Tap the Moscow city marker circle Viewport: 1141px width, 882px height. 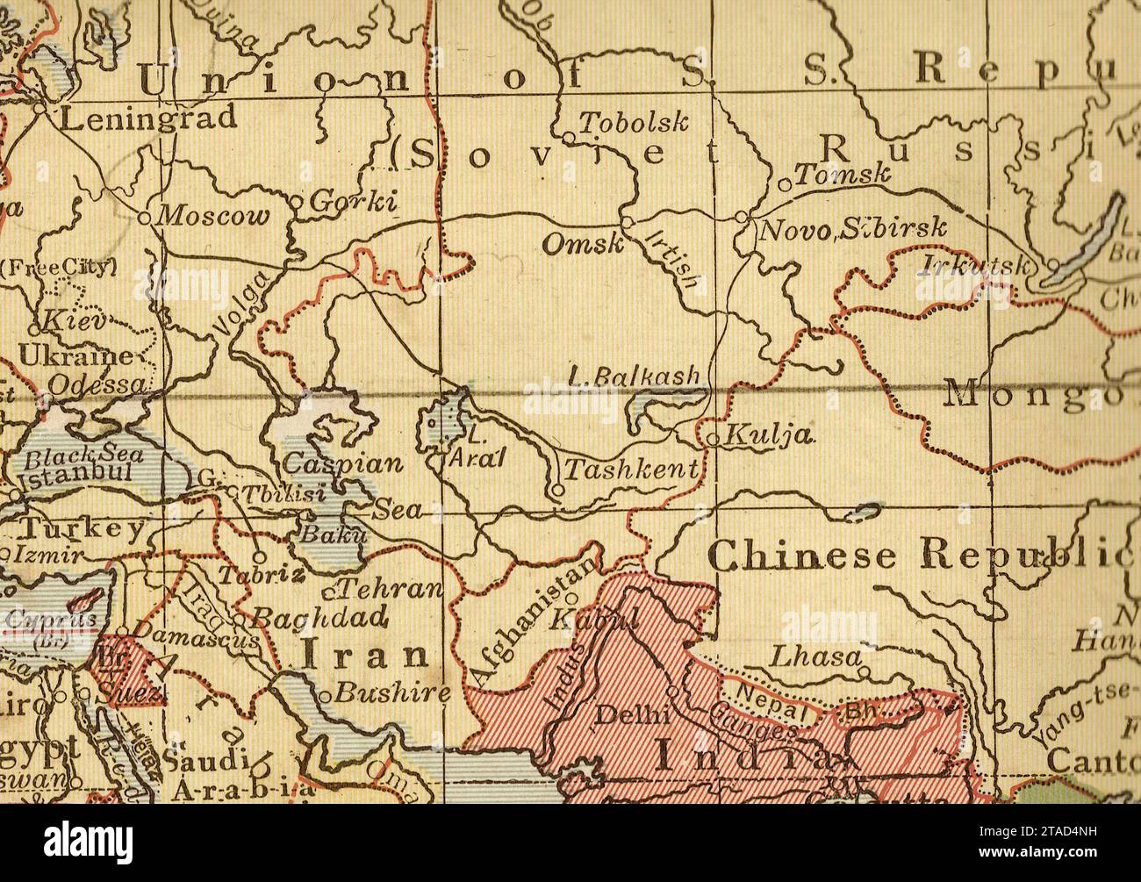pyautogui.click(x=145, y=216)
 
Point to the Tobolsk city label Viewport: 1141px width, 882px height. pyautogui.click(x=634, y=123)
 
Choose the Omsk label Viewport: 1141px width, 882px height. pyautogui.click(x=581, y=244)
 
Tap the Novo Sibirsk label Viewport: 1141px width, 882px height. pyautogui.click(x=853, y=230)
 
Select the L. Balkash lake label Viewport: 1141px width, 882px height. pyautogui.click(x=635, y=376)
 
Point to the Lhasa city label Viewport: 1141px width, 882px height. pyautogui.click(x=814, y=656)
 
